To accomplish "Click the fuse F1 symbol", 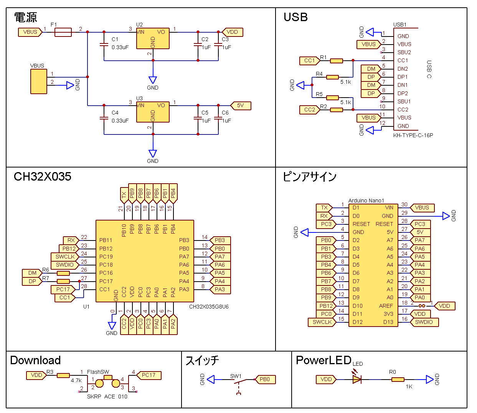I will pos(63,32).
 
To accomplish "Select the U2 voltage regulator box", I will pos(153,38).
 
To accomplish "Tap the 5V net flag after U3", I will pos(241,106).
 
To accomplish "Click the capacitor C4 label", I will pos(115,113).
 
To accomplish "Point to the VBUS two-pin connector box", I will pos(39,81).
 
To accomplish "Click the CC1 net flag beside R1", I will pos(309,61).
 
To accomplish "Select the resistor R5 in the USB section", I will pos(332,98).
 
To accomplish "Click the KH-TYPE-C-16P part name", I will pos(413,135).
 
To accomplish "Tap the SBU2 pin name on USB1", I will pos(404,52).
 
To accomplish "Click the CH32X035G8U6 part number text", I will pos(209,307).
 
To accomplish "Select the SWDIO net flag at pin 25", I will pos(65,265).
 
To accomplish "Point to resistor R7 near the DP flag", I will pos(63,282).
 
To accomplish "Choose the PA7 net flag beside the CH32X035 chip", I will pos(220,257).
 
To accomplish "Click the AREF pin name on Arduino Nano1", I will pos(386,306).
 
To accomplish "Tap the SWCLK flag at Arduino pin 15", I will pos(322,322).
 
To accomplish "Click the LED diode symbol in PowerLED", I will pos(357,380).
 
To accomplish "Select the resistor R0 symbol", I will pos(398,380).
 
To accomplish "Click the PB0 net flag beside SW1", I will pos(265,380).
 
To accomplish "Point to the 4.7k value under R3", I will pos(76,380).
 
